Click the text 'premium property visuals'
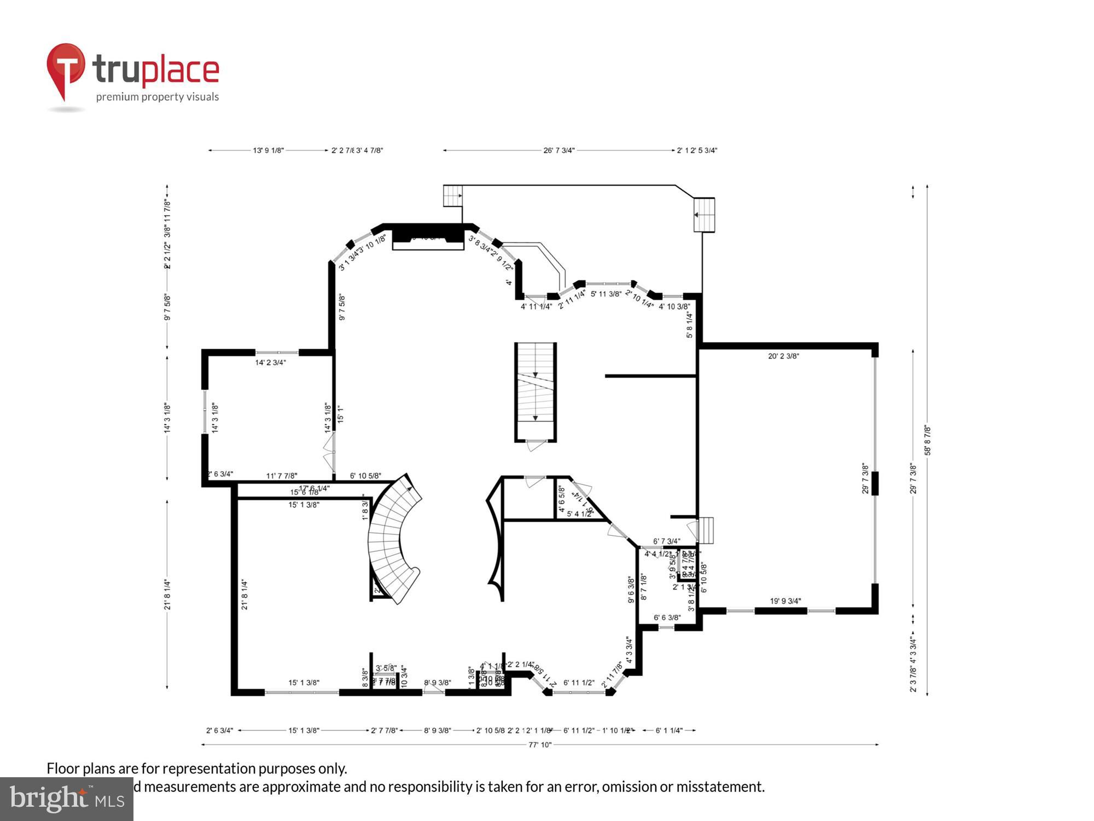tap(158, 97)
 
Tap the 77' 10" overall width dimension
tap(539, 744)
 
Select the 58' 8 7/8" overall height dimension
tap(928, 441)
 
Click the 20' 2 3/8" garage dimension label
tap(783, 356)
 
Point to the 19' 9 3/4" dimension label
tap(785, 601)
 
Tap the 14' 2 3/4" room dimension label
tap(270, 362)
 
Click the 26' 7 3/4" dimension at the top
tap(558, 151)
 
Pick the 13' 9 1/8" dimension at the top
tap(268, 151)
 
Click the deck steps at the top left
tap(452, 195)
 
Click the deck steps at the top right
tap(704, 215)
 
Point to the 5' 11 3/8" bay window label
tap(606, 294)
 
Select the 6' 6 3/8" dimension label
tap(667, 618)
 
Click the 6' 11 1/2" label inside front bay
tap(579, 683)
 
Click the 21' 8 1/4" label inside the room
tap(245, 595)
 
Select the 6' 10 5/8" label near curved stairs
tap(365, 476)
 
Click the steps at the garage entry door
tap(707, 530)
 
